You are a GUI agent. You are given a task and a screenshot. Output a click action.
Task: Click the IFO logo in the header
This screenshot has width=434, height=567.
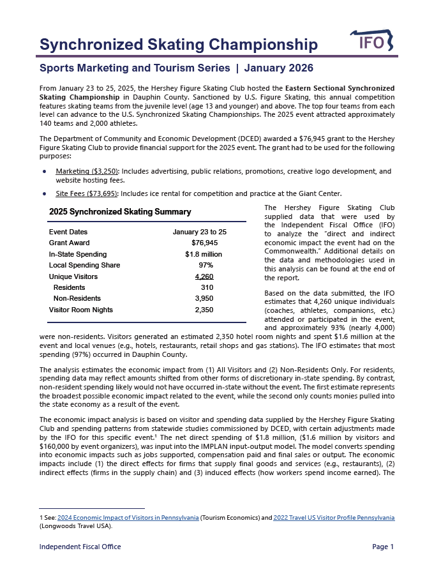[x=372, y=42]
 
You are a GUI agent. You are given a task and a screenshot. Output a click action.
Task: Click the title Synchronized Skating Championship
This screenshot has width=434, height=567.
[x=179, y=45]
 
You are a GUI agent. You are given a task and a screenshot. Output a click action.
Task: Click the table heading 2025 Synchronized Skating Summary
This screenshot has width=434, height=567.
[x=120, y=212]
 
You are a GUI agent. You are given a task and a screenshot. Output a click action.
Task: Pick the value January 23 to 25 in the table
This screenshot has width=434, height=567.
[x=200, y=232]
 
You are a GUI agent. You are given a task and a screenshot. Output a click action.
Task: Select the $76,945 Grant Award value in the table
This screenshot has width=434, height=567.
[x=204, y=243]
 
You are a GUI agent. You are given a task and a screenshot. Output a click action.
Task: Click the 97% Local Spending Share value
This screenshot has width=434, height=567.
[x=206, y=265]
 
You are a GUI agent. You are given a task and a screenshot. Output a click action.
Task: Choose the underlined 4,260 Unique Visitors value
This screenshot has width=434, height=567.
[x=204, y=276]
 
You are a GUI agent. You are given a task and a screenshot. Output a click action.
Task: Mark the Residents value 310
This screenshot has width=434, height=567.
[x=206, y=287]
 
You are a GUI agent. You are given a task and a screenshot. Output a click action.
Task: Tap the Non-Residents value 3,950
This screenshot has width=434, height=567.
[x=204, y=298]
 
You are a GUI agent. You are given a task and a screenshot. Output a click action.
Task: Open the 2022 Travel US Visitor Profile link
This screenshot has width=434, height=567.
[x=333, y=517]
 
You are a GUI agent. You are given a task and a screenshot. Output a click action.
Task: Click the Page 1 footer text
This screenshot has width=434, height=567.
[x=383, y=547]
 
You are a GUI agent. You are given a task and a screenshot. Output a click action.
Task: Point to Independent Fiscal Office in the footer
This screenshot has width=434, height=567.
[x=80, y=547]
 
